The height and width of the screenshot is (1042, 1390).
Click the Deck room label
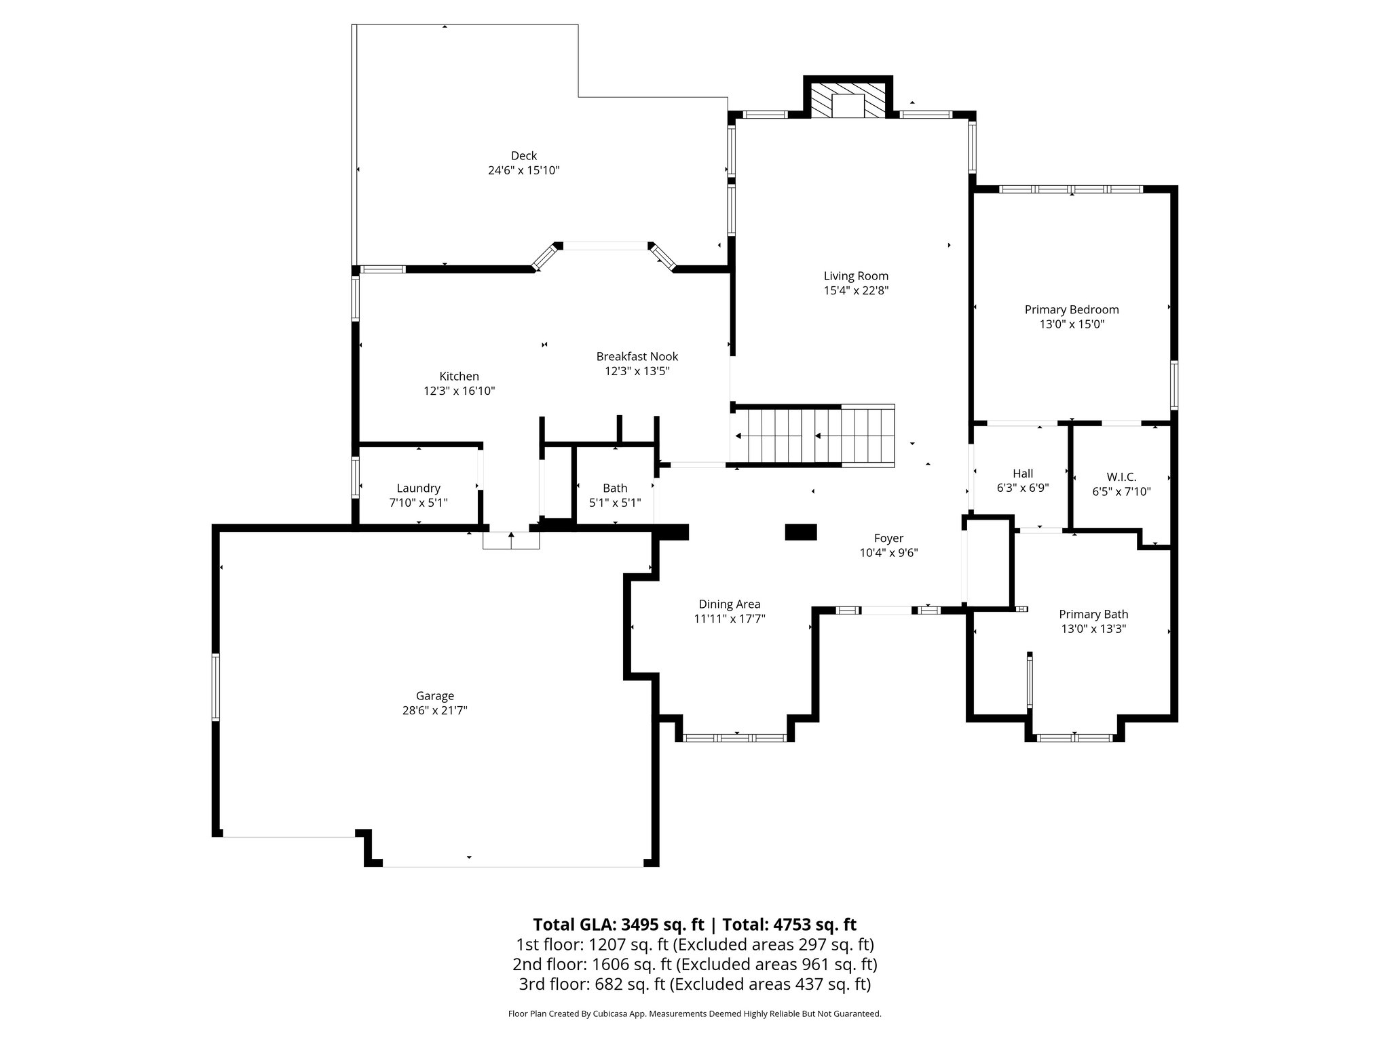(x=523, y=156)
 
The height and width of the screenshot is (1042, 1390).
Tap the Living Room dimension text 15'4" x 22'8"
(x=856, y=290)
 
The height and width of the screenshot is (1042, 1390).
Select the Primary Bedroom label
(x=1071, y=310)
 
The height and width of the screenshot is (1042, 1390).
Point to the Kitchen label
(x=459, y=377)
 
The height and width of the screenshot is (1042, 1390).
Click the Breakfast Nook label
(x=637, y=357)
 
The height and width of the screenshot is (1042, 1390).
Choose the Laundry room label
(x=418, y=488)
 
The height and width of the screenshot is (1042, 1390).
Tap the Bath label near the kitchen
(x=615, y=488)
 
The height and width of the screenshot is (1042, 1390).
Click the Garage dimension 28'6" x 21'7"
(x=434, y=710)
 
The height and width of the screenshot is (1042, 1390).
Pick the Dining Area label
(x=729, y=604)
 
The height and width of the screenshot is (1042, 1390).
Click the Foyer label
(x=888, y=539)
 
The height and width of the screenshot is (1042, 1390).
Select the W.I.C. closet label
(x=1121, y=478)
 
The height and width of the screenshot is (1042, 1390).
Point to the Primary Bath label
(x=1093, y=615)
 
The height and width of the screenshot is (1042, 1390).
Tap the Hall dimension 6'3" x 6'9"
(x=1023, y=488)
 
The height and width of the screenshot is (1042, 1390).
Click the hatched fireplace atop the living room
(x=848, y=101)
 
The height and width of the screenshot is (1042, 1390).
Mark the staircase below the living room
(x=813, y=436)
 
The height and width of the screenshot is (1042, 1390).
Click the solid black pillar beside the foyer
(x=801, y=533)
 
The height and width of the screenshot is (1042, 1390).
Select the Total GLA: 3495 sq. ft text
(x=618, y=925)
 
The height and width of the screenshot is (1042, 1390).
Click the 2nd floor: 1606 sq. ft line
(x=694, y=964)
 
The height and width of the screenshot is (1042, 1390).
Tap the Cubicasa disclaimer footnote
(x=694, y=1014)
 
